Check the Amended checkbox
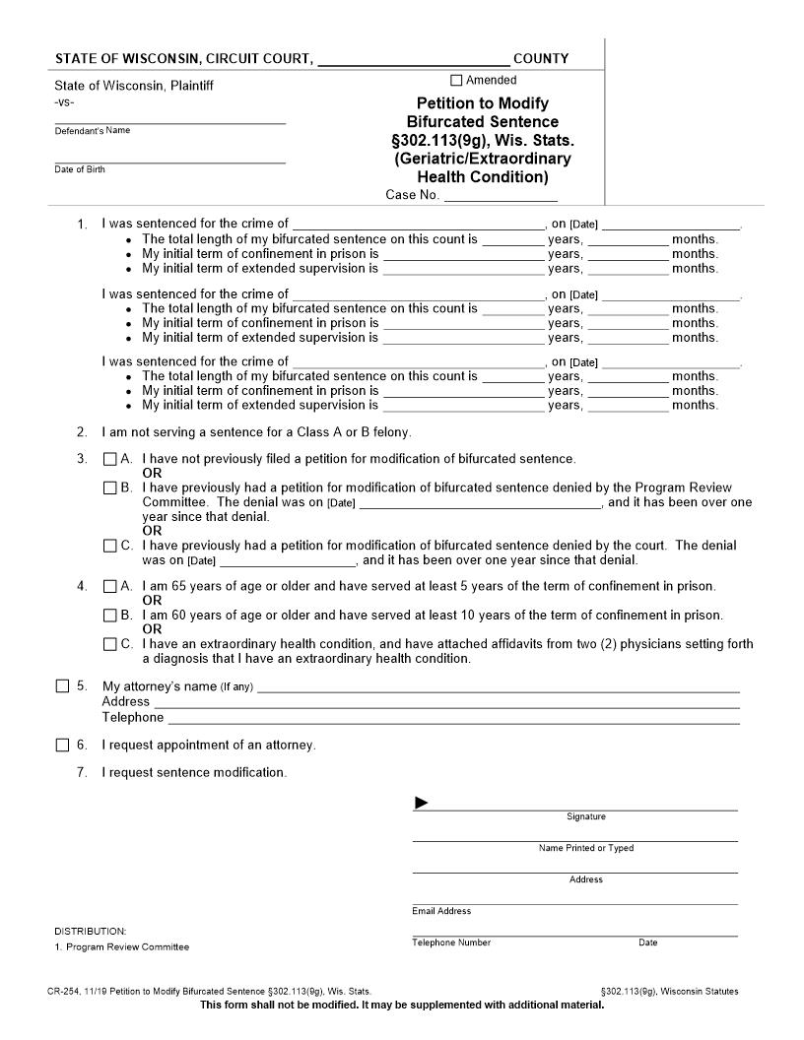(x=456, y=81)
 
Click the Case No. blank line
(x=487, y=197)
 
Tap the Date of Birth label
(x=80, y=169)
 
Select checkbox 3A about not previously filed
(x=110, y=459)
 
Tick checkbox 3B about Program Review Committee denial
(x=110, y=487)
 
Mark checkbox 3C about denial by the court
(x=110, y=546)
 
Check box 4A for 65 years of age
(x=110, y=587)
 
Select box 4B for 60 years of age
(x=110, y=616)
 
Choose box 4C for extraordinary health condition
(x=110, y=644)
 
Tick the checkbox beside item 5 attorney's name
(x=62, y=686)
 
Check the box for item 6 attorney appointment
(x=62, y=745)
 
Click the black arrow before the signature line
(x=422, y=804)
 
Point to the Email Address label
(x=441, y=911)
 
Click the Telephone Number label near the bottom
(x=451, y=942)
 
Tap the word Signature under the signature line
(x=586, y=816)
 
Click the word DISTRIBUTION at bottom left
(x=91, y=931)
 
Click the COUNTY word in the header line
(x=541, y=59)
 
